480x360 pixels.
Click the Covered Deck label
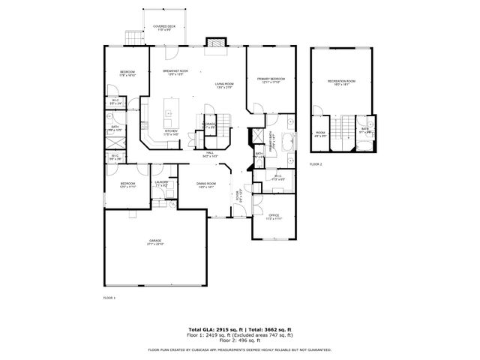click(x=165, y=28)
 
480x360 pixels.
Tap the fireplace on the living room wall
click(x=217, y=43)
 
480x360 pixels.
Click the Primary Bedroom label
click(x=272, y=79)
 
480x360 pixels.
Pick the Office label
click(x=274, y=217)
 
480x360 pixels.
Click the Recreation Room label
click(x=341, y=82)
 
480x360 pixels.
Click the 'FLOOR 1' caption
click(x=109, y=298)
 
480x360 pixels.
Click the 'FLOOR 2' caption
click(x=316, y=163)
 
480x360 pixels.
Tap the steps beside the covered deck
click(x=133, y=37)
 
